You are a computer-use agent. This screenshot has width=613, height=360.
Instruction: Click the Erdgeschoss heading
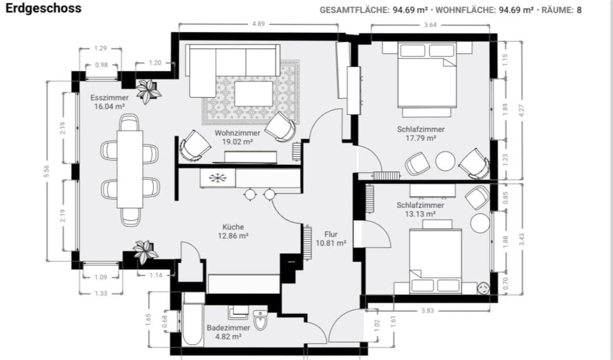tap(43, 8)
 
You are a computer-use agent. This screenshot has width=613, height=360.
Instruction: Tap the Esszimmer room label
tap(109, 98)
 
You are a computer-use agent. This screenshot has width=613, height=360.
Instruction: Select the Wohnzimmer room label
tap(237, 133)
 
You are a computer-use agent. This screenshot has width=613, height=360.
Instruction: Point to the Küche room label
tap(233, 227)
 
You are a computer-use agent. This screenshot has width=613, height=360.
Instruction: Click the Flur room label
tap(331, 234)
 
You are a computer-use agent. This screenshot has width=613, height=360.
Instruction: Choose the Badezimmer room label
tap(228, 328)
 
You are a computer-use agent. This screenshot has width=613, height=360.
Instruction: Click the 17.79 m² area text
tap(421, 138)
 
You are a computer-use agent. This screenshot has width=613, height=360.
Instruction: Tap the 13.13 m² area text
tap(420, 214)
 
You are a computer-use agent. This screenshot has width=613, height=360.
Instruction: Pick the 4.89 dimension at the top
tap(258, 24)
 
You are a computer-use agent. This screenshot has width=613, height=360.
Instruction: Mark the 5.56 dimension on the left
tap(46, 171)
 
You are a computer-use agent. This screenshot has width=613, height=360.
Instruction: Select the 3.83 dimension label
tap(427, 311)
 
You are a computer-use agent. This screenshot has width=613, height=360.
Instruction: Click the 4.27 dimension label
tap(521, 111)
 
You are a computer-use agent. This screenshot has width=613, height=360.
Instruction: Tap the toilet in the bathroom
tap(260, 320)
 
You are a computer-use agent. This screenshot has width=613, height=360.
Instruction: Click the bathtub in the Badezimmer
tap(193, 324)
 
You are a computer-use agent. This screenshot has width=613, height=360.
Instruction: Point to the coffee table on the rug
tap(254, 94)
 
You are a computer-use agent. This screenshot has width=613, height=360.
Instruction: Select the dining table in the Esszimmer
tap(130, 169)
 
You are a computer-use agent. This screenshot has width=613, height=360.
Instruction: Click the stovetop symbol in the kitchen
tap(218, 178)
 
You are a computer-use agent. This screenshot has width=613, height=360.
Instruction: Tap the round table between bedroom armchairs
tap(445, 161)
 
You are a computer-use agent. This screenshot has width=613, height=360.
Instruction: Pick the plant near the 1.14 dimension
tap(145, 252)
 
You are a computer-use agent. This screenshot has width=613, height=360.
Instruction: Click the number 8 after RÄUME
tap(579, 10)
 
